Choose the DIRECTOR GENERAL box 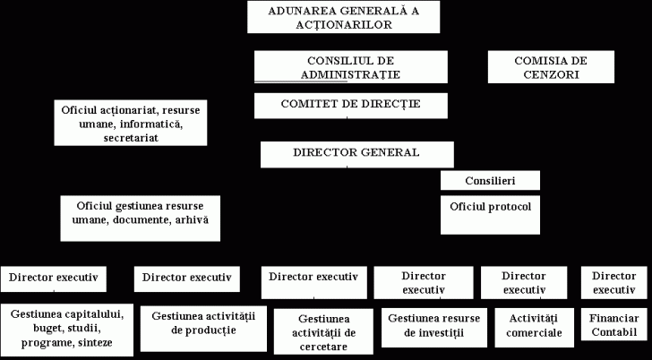[x=356, y=153]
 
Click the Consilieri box [x=490, y=181]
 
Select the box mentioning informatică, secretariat [x=131, y=123]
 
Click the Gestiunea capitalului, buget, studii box [x=66, y=328]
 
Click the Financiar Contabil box [x=615, y=325]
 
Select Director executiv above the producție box [x=186, y=278]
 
